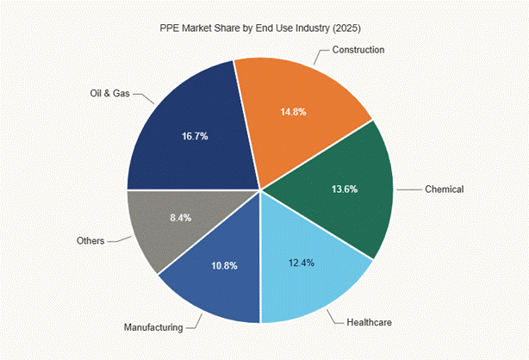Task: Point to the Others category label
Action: tap(90, 241)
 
